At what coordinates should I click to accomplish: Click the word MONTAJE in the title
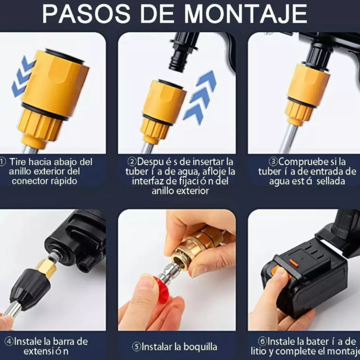246,14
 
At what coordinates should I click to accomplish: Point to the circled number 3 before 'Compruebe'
274,162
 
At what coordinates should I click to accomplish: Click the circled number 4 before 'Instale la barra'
9,342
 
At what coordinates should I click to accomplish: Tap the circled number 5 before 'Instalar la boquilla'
137,347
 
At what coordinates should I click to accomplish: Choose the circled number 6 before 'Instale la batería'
262,342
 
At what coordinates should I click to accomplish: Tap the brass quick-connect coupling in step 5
192,248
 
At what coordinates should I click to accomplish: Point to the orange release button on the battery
294,263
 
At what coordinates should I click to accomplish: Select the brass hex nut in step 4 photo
46,268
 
